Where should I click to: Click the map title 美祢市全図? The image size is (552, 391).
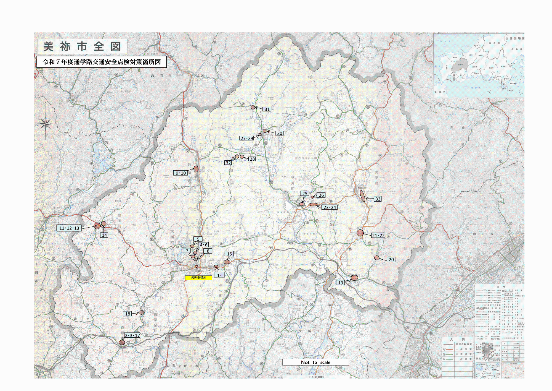point(82,46)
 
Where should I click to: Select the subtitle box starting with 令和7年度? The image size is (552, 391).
point(102,62)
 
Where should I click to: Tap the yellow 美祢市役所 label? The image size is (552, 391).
point(198,277)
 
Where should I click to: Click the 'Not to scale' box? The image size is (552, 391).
point(315,362)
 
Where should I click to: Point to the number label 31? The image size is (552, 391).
point(267,109)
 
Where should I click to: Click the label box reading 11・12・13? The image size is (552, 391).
point(69,228)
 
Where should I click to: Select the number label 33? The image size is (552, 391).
point(378,199)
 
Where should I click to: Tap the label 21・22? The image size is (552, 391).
point(378,235)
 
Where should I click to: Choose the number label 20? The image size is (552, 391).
point(391,259)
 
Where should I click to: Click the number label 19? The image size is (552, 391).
point(340,283)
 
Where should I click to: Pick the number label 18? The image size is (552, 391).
point(128,314)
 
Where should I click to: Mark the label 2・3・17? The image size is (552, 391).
point(132,335)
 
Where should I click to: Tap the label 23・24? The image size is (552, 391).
point(330,207)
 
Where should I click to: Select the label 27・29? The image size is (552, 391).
point(246,138)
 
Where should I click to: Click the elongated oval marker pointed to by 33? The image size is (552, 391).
point(362,195)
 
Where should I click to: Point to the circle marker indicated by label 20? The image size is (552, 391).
point(377,258)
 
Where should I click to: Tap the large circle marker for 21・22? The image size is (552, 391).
point(360,233)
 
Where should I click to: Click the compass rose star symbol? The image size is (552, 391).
point(46,124)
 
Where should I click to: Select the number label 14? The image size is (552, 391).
point(104,235)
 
